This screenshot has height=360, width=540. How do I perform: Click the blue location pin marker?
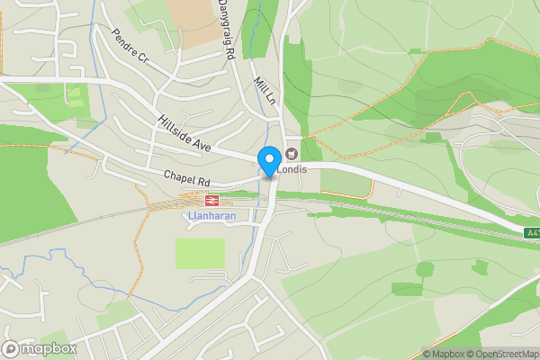[268, 161]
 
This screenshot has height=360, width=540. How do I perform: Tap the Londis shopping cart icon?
[292, 152]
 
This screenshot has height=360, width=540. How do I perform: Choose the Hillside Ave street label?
[183, 132]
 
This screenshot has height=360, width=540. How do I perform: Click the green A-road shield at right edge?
[531, 233]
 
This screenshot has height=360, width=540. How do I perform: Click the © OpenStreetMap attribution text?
[501, 354]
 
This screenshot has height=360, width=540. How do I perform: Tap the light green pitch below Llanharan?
[200, 253]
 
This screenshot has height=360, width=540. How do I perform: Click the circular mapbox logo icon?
[11, 348]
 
